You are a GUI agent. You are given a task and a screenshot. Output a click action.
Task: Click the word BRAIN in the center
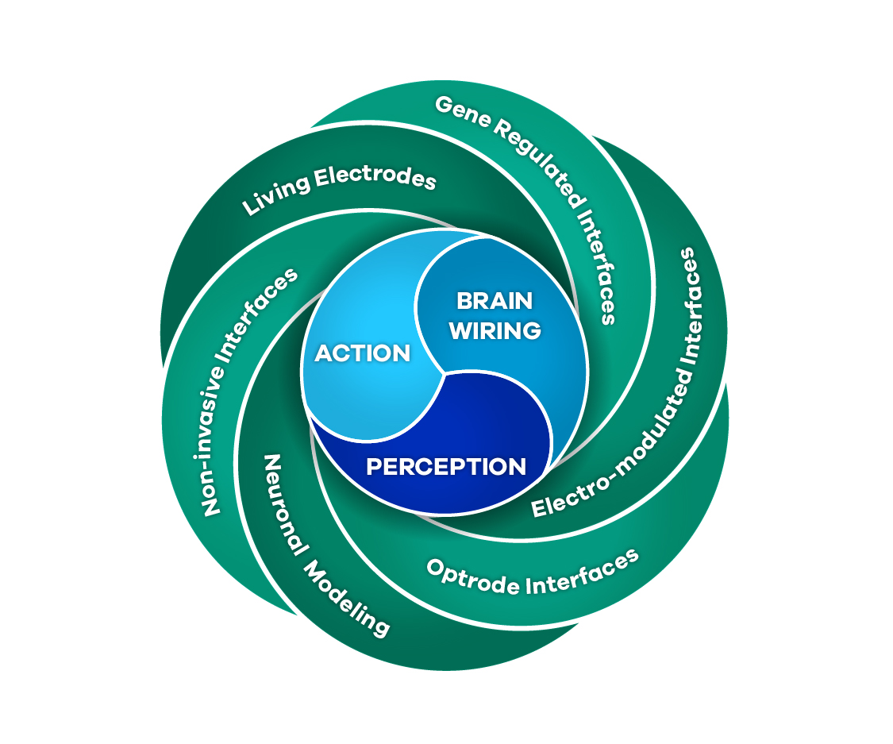pos(494,301)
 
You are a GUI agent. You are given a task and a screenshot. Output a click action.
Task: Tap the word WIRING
pos(495,330)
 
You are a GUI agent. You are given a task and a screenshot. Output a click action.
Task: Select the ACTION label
pos(363,353)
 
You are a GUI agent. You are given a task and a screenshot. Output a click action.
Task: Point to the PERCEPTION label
pos(446,466)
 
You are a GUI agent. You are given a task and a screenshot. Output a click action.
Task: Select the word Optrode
pos(468,580)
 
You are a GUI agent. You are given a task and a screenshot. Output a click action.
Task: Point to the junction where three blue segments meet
pos(441,371)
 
